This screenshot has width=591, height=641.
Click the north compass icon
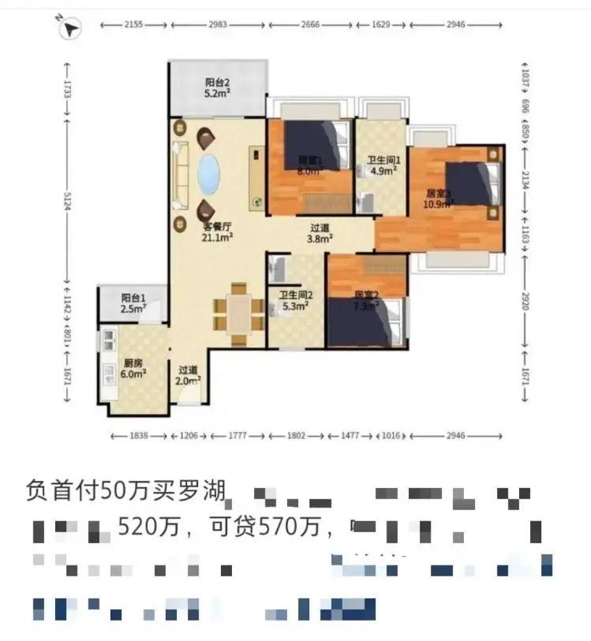(x=70, y=29)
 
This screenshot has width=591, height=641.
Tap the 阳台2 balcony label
(x=217, y=88)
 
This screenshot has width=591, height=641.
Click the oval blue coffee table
(x=208, y=174)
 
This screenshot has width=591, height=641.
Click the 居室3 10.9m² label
(x=438, y=198)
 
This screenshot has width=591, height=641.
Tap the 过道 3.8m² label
(x=320, y=233)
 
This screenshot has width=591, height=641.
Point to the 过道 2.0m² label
(x=188, y=375)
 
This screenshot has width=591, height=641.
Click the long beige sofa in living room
(x=181, y=172)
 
